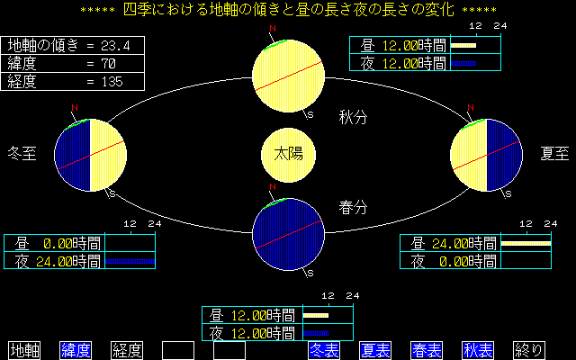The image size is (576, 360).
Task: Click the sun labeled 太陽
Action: pos(288,153)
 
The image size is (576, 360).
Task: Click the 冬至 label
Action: pos(22,153)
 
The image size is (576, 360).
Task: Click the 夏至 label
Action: pos(554,153)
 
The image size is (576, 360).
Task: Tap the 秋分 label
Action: pos(353,117)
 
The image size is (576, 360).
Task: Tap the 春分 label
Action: pos(353,206)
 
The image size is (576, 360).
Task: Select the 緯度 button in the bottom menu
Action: pos(76,350)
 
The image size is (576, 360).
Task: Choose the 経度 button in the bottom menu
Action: pos(127,350)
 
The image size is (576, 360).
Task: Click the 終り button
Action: pos(529,350)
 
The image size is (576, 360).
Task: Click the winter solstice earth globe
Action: pos(89,155)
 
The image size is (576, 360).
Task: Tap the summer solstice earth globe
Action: pos(486,155)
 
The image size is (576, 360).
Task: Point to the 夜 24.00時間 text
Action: pos(57,261)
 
